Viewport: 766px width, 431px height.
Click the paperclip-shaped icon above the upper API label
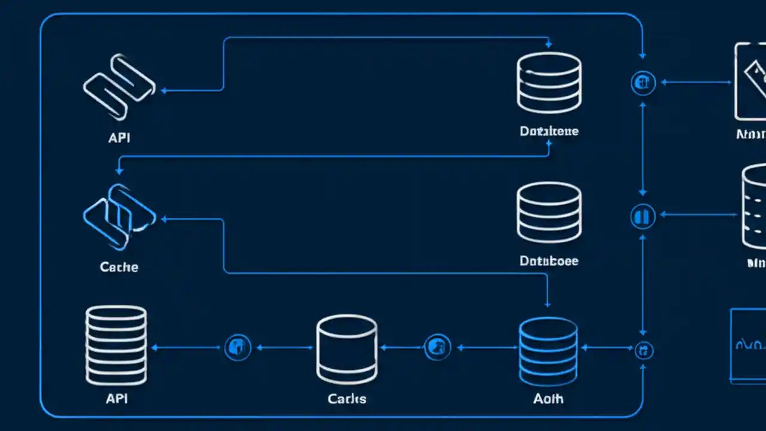tap(119, 86)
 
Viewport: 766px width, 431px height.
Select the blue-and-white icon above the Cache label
tap(119, 216)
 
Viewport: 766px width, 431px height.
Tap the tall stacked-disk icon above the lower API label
tap(116, 345)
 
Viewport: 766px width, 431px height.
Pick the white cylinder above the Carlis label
tap(346, 350)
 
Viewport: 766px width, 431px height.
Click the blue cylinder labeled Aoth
tap(548, 351)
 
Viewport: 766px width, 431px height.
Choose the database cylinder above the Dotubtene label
tap(549, 83)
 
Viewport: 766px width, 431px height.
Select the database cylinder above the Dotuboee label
tap(549, 213)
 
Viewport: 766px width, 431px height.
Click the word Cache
tap(119, 267)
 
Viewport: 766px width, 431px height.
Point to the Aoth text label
tap(548, 398)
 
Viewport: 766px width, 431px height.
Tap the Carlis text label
tap(347, 398)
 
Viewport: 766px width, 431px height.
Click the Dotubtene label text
tap(549, 131)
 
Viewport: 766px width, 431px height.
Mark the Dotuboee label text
tap(549, 261)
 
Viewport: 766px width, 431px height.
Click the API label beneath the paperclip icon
tap(119, 138)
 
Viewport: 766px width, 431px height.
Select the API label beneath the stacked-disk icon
tap(117, 398)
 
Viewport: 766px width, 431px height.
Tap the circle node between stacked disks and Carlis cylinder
tap(238, 347)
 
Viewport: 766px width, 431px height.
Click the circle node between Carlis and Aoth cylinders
tap(437, 347)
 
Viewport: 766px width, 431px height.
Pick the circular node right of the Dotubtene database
tap(643, 83)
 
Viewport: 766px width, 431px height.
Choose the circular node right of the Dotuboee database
tap(643, 215)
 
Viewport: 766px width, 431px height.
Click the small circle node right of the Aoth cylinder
tap(644, 350)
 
